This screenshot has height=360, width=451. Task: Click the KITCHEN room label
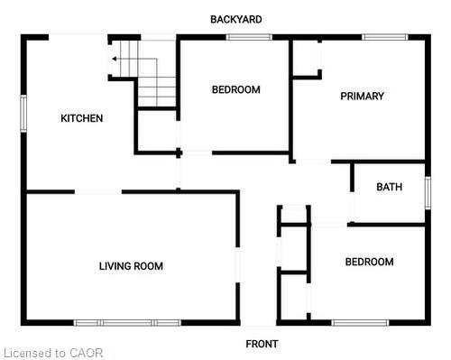[x=81, y=118]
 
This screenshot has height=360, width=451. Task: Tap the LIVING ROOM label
[x=131, y=266]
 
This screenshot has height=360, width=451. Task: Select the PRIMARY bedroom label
[x=362, y=97]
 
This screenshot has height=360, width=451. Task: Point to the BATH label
[x=389, y=188]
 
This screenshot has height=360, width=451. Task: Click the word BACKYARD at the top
[x=236, y=19]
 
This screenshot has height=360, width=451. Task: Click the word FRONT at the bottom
[x=262, y=344]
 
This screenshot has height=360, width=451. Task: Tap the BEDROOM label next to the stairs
[x=235, y=89]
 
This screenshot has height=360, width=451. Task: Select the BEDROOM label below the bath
[x=369, y=262]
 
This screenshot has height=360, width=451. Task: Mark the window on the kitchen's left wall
[x=24, y=114]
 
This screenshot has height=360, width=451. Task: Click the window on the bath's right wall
[x=427, y=192]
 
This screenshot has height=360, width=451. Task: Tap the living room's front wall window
[x=127, y=322]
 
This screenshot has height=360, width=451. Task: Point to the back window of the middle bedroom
[x=242, y=37]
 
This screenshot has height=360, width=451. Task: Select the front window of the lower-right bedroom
[x=360, y=322]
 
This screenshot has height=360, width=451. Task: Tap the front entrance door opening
[x=258, y=322]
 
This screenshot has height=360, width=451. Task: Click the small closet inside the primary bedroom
[x=307, y=59]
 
